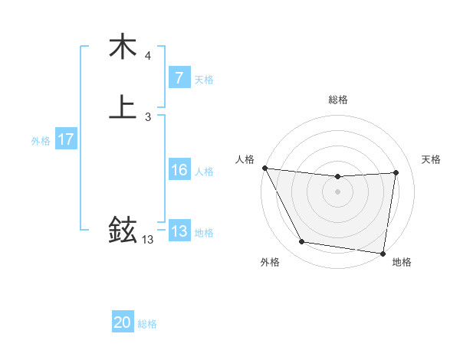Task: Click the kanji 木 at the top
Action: click(x=123, y=47)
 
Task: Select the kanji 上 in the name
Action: click(x=123, y=107)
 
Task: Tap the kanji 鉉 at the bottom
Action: click(x=123, y=229)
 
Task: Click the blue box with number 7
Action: click(x=179, y=78)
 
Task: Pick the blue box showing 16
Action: click(x=179, y=170)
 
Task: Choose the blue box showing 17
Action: click(x=66, y=139)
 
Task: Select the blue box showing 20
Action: click(x=123, y=322)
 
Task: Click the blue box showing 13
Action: click(x=179, y=231)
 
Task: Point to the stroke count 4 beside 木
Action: click(x=147, y=56)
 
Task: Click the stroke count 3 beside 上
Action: click(x=147, y=117)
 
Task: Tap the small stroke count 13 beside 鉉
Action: click(x=147, y=240)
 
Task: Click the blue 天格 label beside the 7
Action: click(x=204, y=80)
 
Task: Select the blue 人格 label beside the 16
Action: click(x=204, y=172)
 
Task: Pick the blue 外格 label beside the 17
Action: click(x=41, y=141)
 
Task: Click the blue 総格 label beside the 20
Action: click(x=147, y=324)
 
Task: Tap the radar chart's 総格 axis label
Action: click(x=338, y=100)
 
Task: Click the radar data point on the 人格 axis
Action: click(x=264, y=168)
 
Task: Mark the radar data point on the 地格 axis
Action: click(x=383, y=253)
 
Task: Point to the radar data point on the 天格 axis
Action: click(x=396, y=172)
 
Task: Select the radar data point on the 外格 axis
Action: click(x=302, y=243)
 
